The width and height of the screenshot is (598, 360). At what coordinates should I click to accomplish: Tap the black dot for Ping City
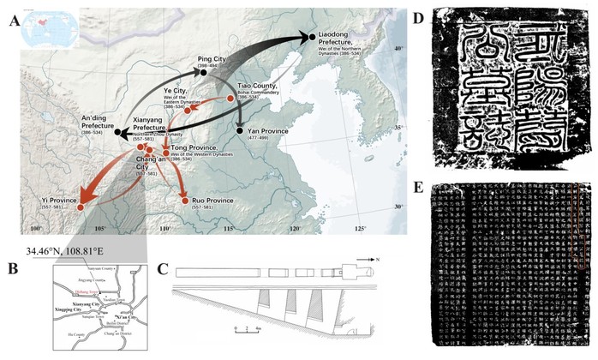(x=204, y=74)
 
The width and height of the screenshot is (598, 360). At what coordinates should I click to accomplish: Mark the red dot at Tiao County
(x=231, y=101)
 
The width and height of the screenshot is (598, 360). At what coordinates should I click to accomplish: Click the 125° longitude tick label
(x=359, y=229)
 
